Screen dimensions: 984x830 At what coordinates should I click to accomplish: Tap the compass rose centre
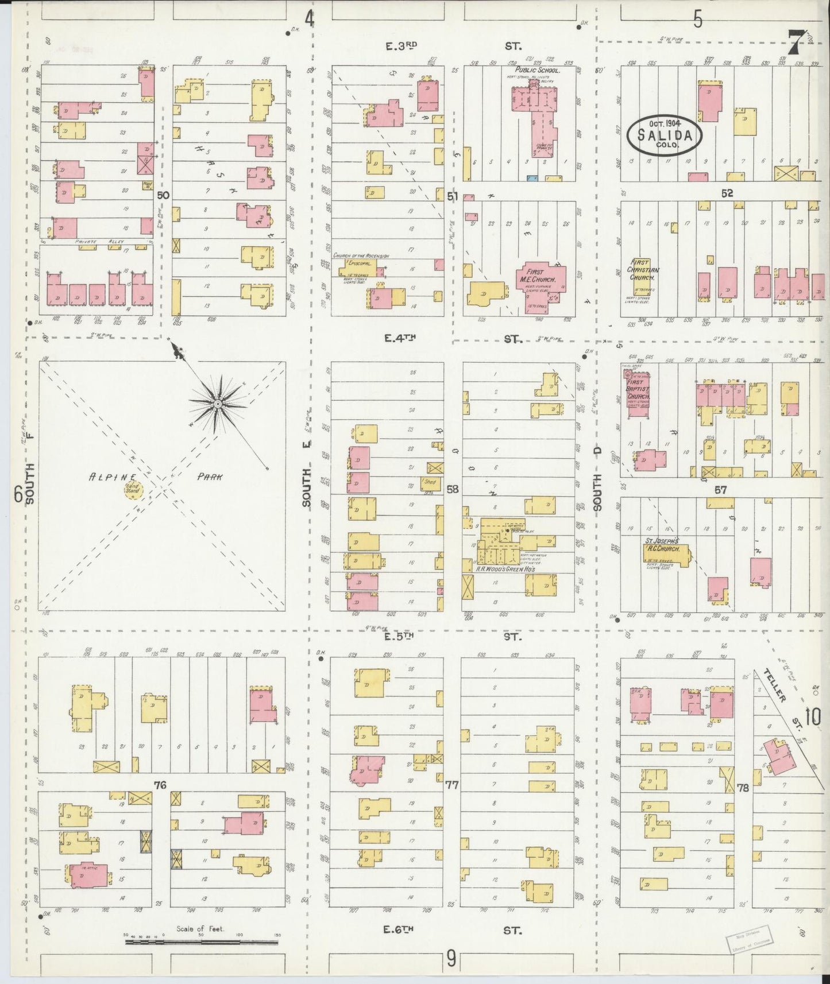pos(218,405)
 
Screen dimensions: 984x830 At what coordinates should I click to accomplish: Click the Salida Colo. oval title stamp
pos(665,135)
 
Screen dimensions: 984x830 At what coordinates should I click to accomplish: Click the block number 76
pos(160,784)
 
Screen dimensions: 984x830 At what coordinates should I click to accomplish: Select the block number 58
pos(453,489)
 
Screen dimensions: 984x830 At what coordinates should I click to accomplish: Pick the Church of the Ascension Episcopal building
pos(361,267)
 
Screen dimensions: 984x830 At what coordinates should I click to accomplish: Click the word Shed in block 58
pos(430,482)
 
